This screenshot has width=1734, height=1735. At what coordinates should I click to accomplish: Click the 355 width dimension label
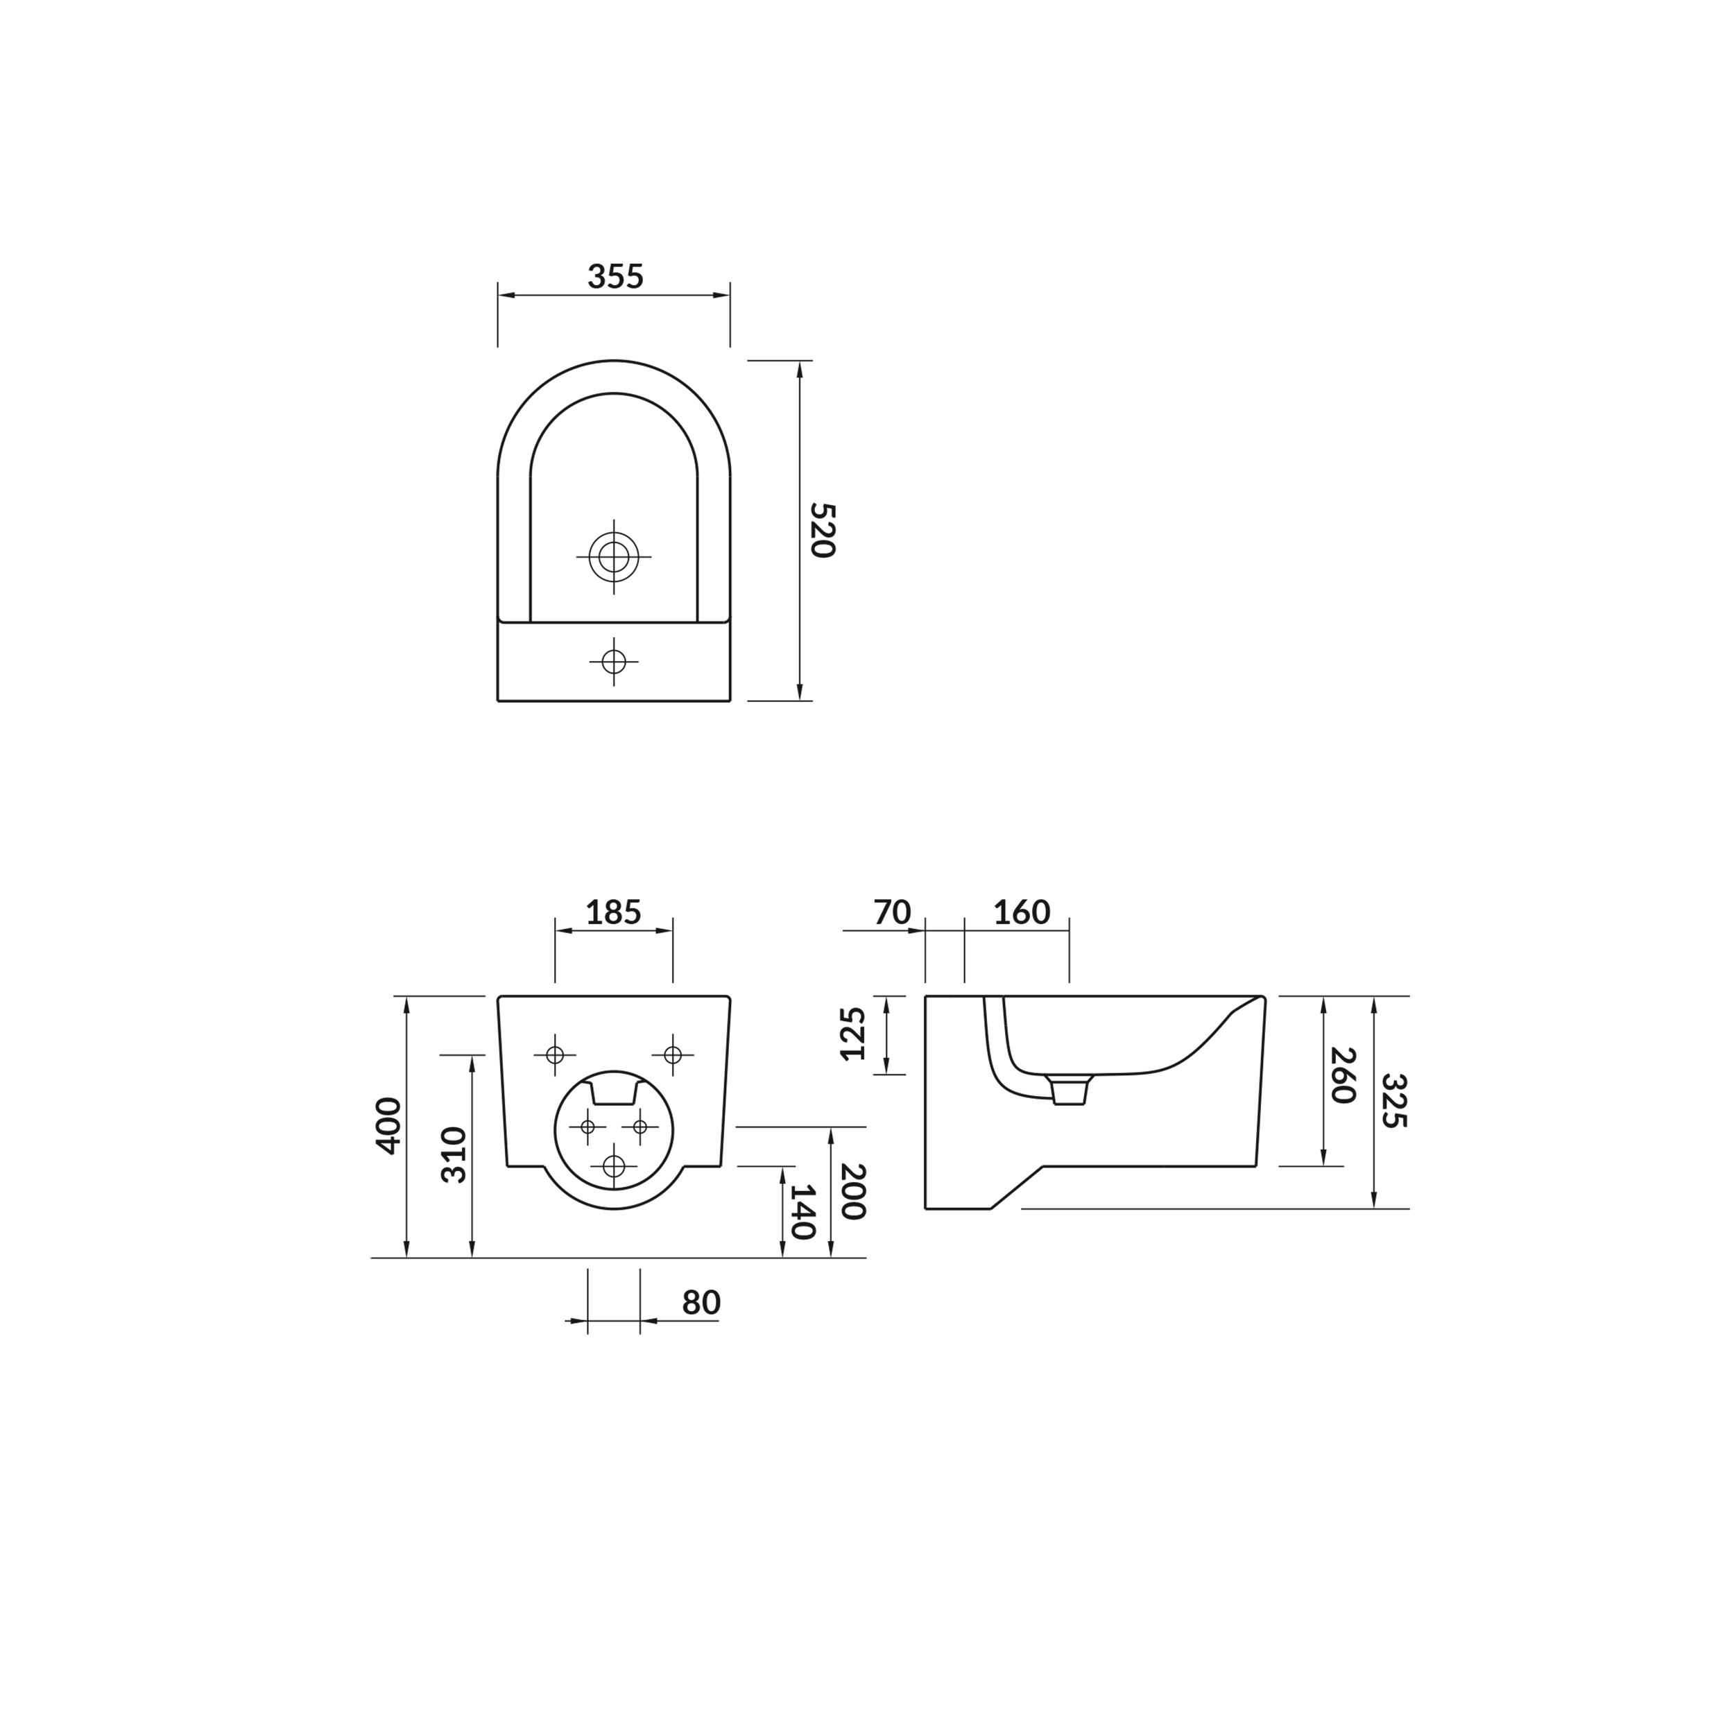coord(615,277)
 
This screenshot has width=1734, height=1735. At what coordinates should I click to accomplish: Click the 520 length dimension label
coord(822,530)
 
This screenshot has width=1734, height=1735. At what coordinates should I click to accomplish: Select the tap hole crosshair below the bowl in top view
coord(613,662)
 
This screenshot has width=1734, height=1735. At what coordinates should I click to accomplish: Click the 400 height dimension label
coord(388,1125)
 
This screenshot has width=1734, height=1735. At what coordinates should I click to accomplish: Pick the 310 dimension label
coord(454,1155)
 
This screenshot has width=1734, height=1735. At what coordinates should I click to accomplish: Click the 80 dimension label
coord(701,1302)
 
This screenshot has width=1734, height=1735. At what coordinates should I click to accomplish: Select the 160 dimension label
coord(1021,914)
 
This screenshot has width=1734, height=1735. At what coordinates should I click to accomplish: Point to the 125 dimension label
coord(852,1034)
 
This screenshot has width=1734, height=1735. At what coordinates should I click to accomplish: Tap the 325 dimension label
coord(1393,1100)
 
